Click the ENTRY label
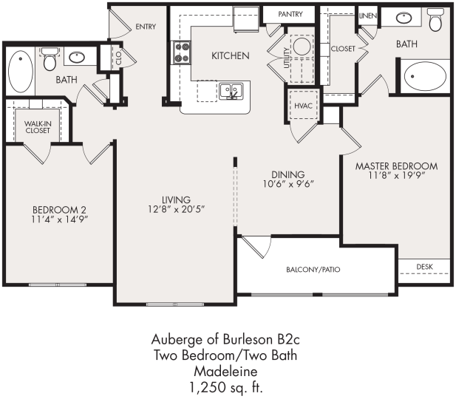[x=146, y=27]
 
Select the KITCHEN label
[x=230, y=55]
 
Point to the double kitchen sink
[x=231, y=92]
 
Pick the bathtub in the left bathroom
[x=20, y=70]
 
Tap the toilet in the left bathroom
[x=50, y=59]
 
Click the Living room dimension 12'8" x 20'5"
[x=177, y=209]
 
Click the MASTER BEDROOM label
[x=395, y=166]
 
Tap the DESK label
[x=424, y=266]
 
